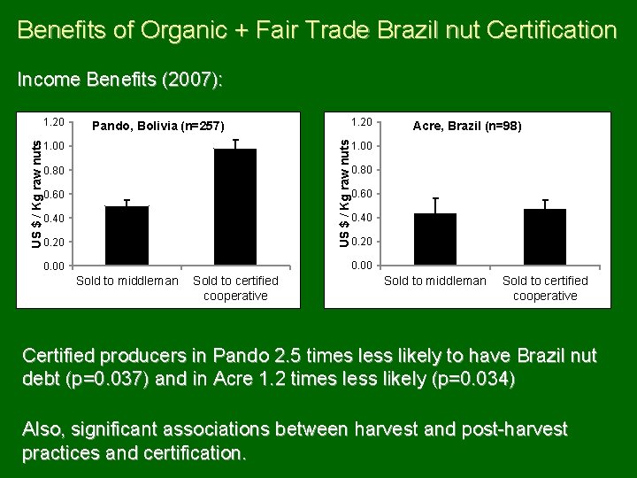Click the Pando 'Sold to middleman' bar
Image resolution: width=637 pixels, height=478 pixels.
click(x=127, y=235)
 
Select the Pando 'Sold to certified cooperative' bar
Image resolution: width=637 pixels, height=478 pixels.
click(x=235, y=207)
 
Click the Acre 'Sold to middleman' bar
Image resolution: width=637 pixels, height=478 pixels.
click(x=435, y=239)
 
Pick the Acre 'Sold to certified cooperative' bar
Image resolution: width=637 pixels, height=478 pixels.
click(x=544, y=237)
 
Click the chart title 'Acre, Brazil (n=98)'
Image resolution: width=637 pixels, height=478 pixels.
click(x=467, y=127)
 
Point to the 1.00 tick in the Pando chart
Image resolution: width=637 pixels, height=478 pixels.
click(x=55, y=145)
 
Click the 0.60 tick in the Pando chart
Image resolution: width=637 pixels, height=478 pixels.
click(x=55, y=194)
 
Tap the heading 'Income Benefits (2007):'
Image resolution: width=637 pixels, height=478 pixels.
click(x=120, y=81)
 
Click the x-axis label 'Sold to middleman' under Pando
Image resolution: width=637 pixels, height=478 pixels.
click(x=127, y=281)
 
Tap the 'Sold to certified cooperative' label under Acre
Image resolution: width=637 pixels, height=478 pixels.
click(x=545, y=288)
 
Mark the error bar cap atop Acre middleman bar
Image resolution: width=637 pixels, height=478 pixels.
click(x=435, y=198)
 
